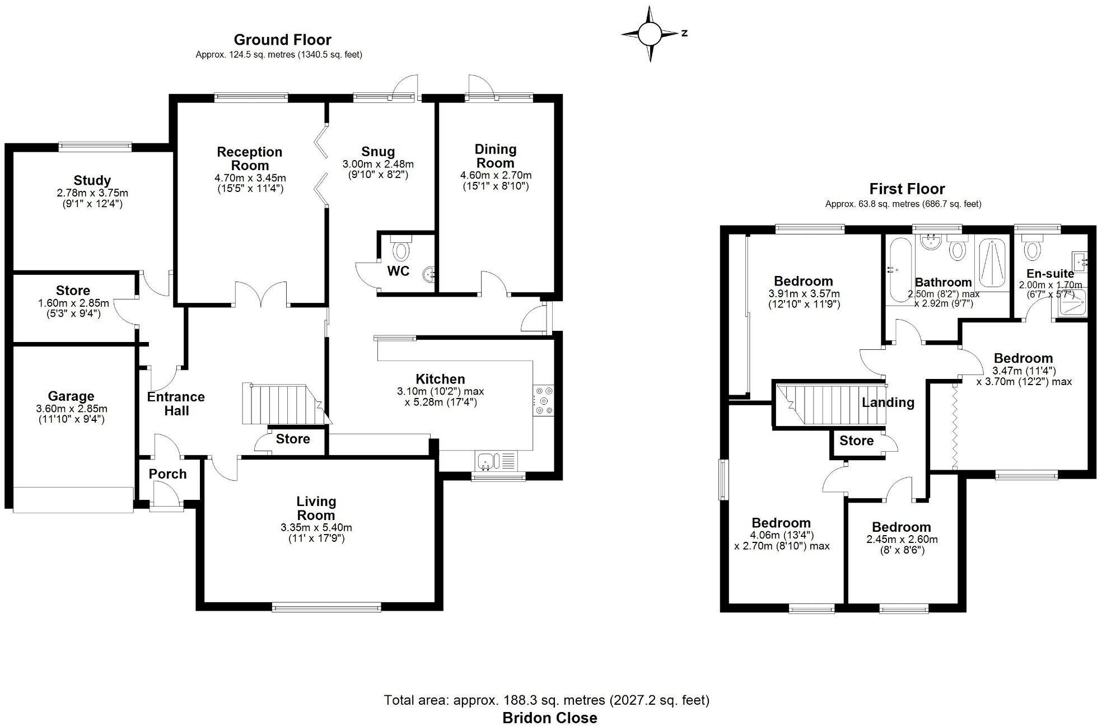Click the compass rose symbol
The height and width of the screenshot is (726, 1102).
coord(650,34)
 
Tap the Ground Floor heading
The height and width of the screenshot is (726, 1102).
coord(282,40)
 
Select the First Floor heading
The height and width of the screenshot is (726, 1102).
coord(907,189)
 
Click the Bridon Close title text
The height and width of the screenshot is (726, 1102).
coord(549,718)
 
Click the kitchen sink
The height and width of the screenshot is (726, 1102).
coord(485,461)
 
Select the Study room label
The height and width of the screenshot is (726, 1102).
coord(92,180)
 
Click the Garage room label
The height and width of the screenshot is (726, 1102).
coord(71,396)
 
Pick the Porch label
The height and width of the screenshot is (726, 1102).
coord(167,474)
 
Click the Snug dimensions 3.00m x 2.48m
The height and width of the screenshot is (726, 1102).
coord(378,164)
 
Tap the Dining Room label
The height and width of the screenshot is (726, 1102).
coord(495,156)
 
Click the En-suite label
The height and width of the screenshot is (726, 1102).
coord(1050,273)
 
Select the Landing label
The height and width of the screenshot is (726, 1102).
coord(888,402)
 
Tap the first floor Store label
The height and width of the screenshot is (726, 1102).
coord(856,441)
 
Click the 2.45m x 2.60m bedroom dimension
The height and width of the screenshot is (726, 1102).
coord(902,540)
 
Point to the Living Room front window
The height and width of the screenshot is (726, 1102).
coord(326,607)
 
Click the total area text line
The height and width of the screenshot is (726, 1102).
coord(547,700)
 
